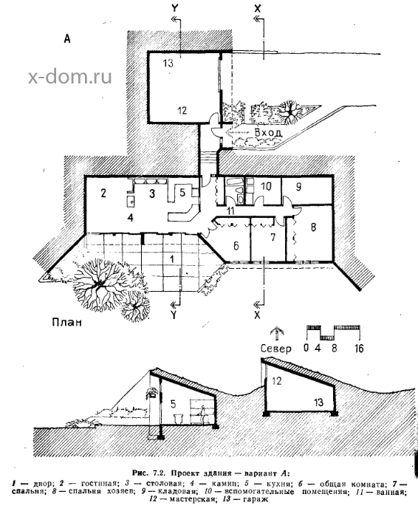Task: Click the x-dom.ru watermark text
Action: click(70, 77)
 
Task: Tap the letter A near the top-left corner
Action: click(67, 39)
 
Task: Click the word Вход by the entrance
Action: click(268, 133)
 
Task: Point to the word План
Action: click(67, 322)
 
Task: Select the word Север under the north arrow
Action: click(275, 348)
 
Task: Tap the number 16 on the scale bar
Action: click(360, 348)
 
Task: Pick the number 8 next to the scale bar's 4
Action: click(334, 348)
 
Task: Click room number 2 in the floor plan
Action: click(103, 193)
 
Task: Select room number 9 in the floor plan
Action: click(298, 187)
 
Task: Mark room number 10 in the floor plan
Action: click(266, 187)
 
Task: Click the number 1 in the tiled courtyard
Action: click(171, 259)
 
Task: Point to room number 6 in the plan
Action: click(236, 246)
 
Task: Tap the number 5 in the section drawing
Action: click(173, 404)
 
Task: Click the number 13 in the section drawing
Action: click(318, 402)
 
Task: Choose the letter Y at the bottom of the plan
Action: click(174, 315)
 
